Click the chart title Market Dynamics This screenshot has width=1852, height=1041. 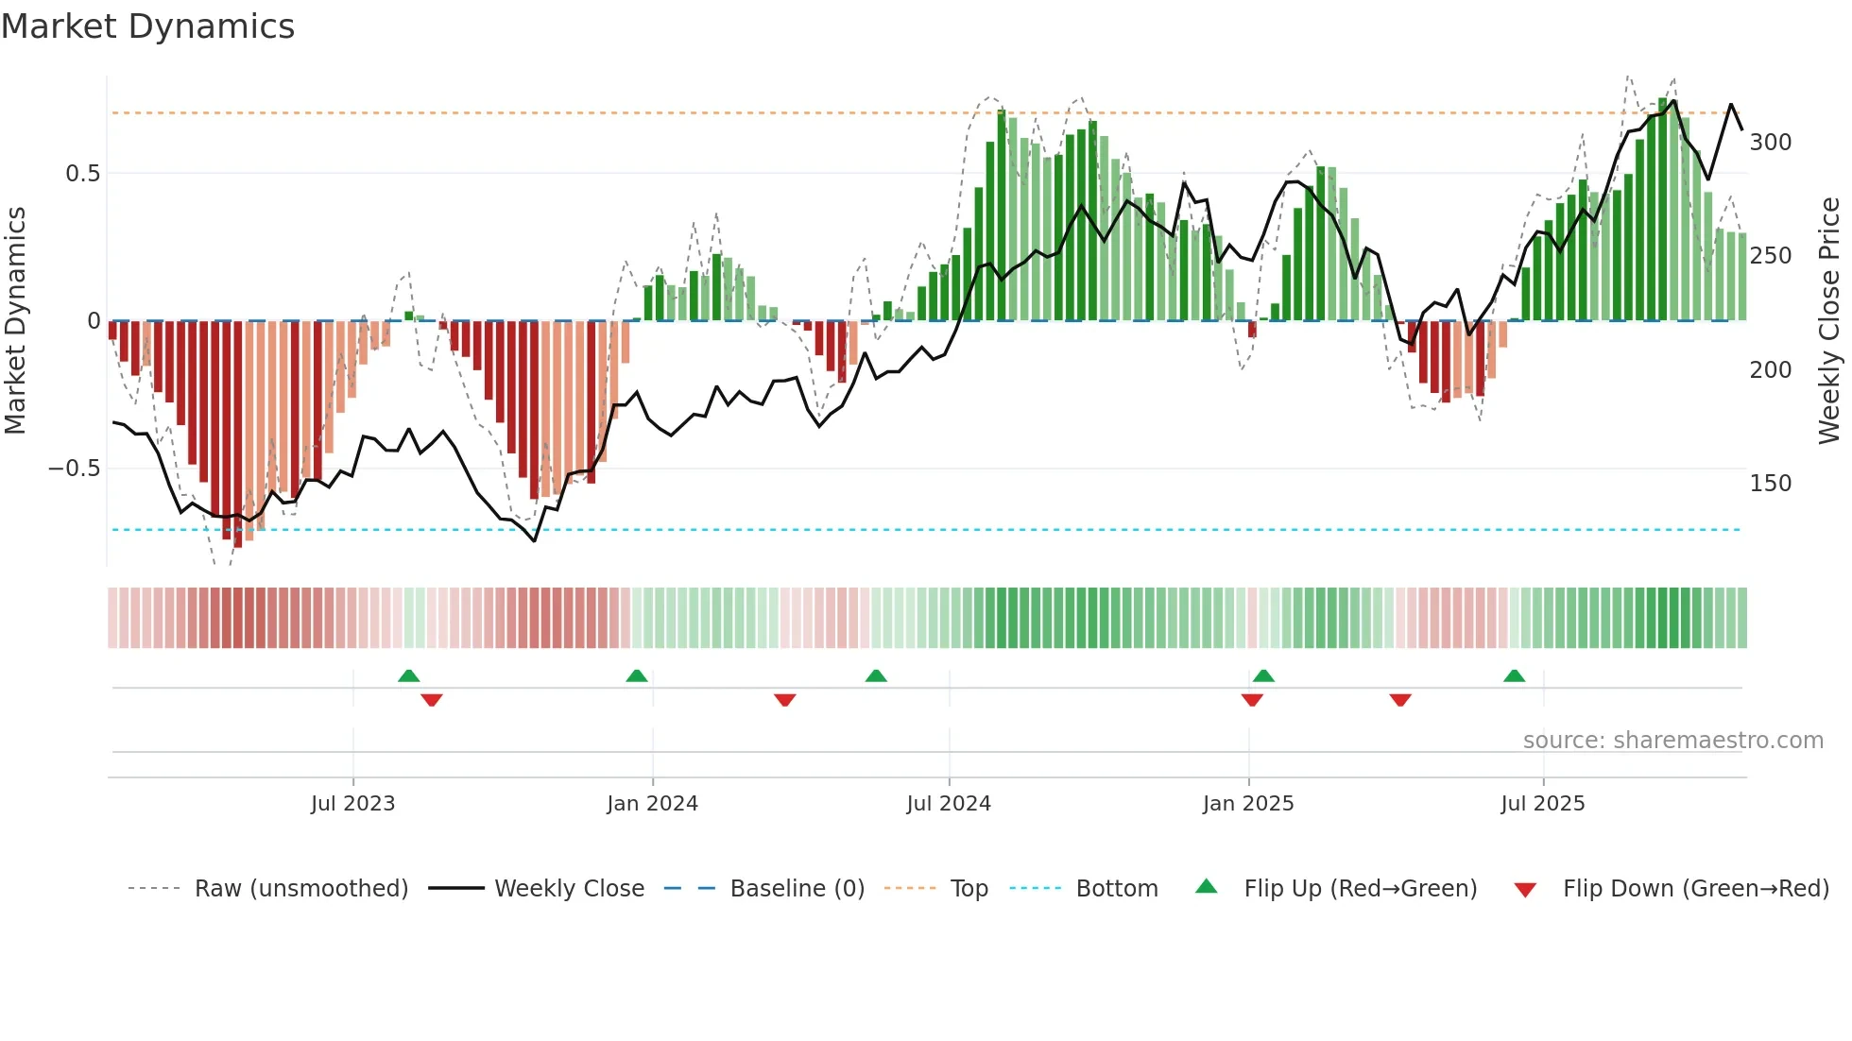pos(147,26)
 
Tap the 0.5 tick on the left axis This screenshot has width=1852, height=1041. pos(82,174)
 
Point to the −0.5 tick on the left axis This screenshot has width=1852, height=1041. pos(75,469)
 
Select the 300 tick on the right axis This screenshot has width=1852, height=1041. pos(1770,143)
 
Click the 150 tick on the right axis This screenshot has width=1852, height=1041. pos(1770,484)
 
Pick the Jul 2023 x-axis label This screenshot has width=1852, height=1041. pos(352,804)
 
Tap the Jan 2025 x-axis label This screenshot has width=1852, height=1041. pos(1247,804)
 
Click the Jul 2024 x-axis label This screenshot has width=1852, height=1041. pos(948,804)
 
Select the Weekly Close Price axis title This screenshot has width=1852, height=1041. pos(1829,321)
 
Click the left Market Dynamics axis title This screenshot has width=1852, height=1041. pos(15,321)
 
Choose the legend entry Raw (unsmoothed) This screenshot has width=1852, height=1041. pos(300,889)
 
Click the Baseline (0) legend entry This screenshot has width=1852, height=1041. pos(797,889)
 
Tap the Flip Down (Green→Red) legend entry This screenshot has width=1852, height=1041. pos(1695,889)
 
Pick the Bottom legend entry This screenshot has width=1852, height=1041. pos(1116,889)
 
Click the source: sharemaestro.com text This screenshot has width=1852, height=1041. pos(1672,741)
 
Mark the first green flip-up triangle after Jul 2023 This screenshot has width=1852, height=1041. pos(408,676)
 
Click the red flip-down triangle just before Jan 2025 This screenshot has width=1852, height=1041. pos(1252,700)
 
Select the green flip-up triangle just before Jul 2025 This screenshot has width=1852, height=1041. pos(1514,676)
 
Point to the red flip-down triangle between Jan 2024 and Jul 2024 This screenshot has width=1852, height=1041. pos(784,700)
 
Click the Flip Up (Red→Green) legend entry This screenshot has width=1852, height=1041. pos(1360,889)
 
